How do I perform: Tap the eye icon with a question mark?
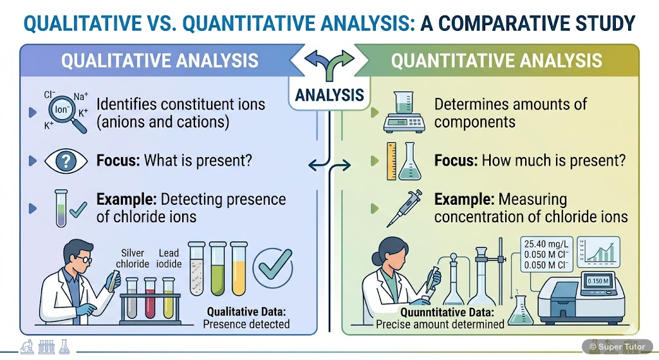pyautogui.click(x=67, y=161)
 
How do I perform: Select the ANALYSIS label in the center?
pyautogui.click(x=329, y=95)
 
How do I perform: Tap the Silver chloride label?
pyautogui.click(x=133, y=258)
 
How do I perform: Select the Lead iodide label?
pyautogui.click(x=169, y=258)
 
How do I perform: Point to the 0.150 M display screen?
pyautogui.click(x=598, y=281)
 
